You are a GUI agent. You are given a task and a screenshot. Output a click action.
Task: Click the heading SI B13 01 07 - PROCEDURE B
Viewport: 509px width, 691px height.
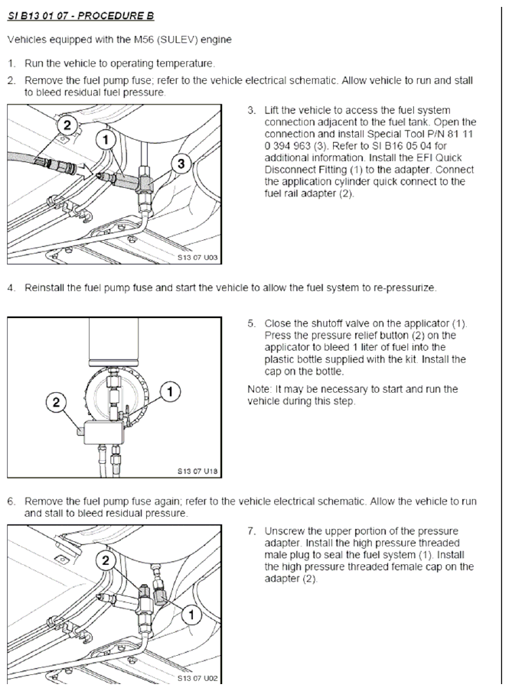[x=81, y=16]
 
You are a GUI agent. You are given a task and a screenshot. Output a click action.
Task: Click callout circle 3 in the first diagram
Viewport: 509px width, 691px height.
[x=181, y=164]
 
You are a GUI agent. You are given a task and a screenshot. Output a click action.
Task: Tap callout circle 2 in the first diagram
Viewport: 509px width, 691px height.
[x=67, y=125]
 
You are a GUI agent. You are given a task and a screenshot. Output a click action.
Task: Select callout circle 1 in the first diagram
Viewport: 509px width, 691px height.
[x=106, y=140]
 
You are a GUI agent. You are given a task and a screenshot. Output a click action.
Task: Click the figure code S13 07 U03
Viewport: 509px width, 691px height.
[x=197, y=258]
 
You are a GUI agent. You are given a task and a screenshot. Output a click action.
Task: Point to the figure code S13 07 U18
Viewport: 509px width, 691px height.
[x=197, y=471]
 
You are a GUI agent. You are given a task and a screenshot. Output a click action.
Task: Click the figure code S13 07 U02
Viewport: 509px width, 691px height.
[x=197, y=678]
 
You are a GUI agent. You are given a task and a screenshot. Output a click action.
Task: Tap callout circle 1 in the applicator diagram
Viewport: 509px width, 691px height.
[x=171, y=391]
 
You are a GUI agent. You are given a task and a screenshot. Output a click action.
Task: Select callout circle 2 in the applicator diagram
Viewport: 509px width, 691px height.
[x=56, y=402]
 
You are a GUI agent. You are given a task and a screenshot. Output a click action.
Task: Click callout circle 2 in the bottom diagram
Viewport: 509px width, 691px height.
[x=106, y=560]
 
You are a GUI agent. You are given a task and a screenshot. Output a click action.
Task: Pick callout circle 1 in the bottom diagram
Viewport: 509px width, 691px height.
[x=191, y=615]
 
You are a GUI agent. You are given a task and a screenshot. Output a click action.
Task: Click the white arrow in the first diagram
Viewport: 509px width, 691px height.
[x=86, y=171]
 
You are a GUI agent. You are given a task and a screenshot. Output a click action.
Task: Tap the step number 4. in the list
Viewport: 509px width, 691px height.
[x=11, y=287]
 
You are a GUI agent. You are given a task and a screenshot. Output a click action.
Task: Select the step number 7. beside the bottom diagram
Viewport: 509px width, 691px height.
[x=252, y=531]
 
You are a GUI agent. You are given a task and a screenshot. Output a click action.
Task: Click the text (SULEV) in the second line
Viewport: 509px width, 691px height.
[x=178, y=40]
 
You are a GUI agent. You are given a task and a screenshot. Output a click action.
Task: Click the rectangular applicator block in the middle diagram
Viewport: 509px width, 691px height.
[x=104, y=433]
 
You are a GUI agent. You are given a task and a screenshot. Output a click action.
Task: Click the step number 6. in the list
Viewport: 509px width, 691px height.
[x=11, y=501]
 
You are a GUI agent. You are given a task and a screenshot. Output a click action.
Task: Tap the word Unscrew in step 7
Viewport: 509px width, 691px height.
[x=284, y=531]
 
